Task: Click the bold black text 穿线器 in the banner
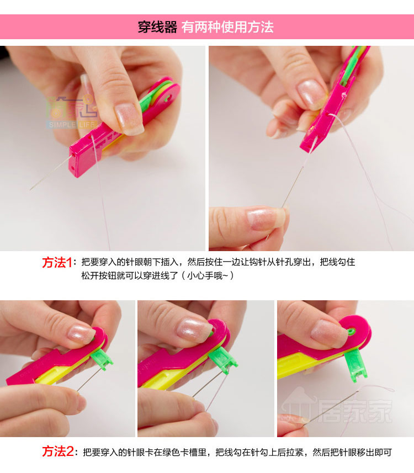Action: click(157, 27)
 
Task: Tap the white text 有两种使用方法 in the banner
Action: click(227, 27)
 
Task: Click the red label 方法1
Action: click(57, 263)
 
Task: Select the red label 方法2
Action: click(57, 451)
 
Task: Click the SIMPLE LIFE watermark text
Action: click(72, 125)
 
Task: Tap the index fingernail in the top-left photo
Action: click(129, 119)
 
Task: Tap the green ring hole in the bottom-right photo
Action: click(351, 332)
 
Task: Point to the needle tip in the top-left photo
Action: click(30, 189)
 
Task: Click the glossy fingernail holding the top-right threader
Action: click(311, 93)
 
